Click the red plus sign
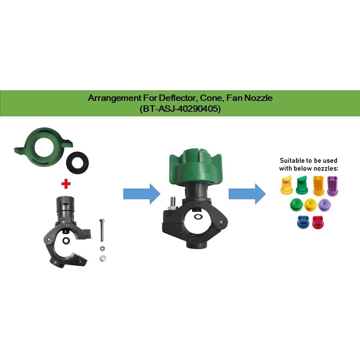(66, 184)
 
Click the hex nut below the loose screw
(102, 248)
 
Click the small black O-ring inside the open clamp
(66, 240)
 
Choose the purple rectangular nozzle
(332, 186)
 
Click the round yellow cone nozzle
(311, 205)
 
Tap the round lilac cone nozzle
(324, 205)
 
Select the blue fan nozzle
(303, 222)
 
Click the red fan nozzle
(317, 222)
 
